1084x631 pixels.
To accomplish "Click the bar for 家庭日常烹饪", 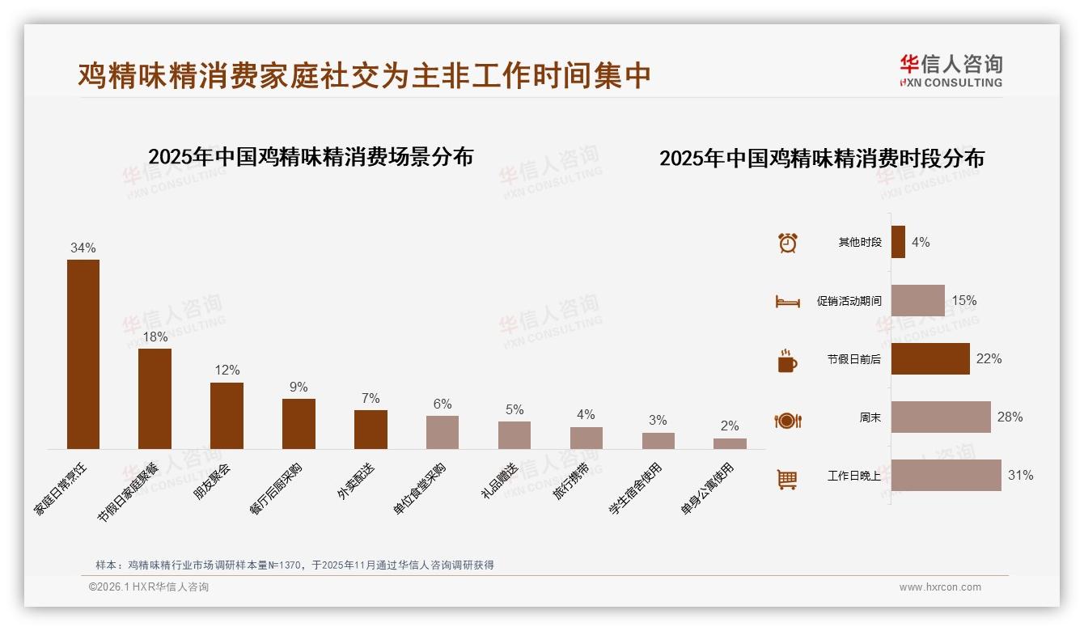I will click(83, 354).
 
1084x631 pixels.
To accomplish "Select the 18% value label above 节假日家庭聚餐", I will click(155, 337).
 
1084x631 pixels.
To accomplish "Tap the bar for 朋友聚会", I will click(227, 416).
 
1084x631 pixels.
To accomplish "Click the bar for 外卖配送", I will click(371, 430).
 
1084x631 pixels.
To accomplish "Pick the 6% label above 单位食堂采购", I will click(442, 404).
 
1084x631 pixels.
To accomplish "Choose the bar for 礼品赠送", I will click(514, 435).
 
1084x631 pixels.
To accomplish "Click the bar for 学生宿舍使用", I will click(658, 441).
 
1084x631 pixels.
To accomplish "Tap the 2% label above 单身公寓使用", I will click(730, 426).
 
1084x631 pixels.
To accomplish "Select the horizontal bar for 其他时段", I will click(898, 242).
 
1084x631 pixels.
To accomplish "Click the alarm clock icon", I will click(787, 243).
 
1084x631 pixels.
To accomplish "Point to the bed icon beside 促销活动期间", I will click(787, 301).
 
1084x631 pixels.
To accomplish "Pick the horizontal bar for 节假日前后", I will click(930, 358).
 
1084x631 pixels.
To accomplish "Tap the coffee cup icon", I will click(787, 361).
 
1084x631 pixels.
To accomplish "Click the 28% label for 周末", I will click(1010, 417).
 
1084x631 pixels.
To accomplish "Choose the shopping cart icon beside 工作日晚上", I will click(787, 479).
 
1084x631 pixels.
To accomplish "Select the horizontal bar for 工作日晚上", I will click(946, 476).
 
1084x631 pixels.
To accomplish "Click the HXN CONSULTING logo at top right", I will click(951, 71).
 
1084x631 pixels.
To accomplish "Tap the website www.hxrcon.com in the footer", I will click(940, 587).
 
